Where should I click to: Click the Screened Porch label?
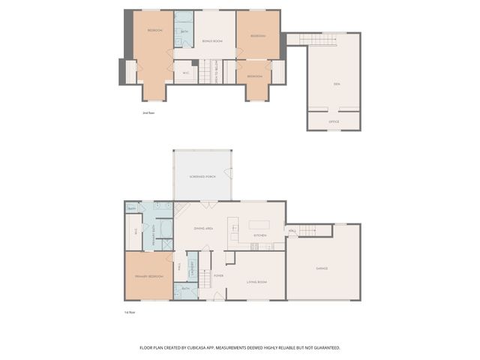point(202,178)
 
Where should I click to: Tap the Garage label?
point(321,268)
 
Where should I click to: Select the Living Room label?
point(257,283)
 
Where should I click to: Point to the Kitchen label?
point(259,235)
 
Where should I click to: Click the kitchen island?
point(259,223)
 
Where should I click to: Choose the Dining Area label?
point(204,228)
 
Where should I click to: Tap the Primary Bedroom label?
point(149,277)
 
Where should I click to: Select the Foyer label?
point(218,275)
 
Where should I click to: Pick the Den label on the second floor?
point(337,84)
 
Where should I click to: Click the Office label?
point(334,121)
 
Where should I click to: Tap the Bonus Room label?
point(213,40)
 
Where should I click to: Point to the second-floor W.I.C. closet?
point(186,73)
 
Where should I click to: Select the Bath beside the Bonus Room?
point(184,31)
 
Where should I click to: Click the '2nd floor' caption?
point(148,112)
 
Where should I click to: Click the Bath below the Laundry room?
point(185,289)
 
